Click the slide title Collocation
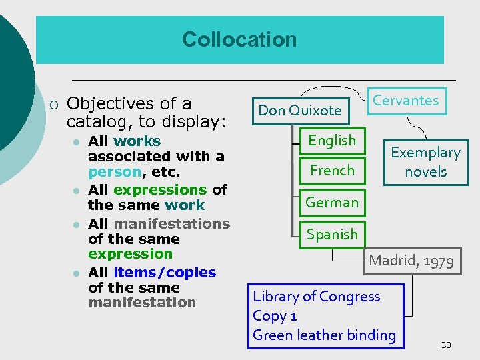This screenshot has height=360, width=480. [x=239, y=39]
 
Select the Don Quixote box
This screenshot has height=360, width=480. [x=299, y=110]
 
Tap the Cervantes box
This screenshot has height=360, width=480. [x=406, y=101]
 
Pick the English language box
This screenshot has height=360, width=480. [x=332, y=140]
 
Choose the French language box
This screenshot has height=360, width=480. [x=332, y=171]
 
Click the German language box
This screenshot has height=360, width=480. [x=332, y=202]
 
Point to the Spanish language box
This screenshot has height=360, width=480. [x=332, y=234]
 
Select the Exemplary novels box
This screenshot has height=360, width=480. [x=425, y=162]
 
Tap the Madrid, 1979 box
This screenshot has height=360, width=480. [x=411, y=261]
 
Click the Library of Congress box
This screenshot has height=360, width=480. [x=327, y=315]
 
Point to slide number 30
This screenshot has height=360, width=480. [x=446, y=345]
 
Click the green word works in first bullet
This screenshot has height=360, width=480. [x=137, y=141]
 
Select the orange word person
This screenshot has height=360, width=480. [x=115, y=171]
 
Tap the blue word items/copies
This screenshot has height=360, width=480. [x=165, y=272]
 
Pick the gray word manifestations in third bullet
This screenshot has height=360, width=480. [x=171, y=223]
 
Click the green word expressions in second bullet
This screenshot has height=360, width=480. [x=160, y=190]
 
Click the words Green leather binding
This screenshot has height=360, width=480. [x=324, y=335]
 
